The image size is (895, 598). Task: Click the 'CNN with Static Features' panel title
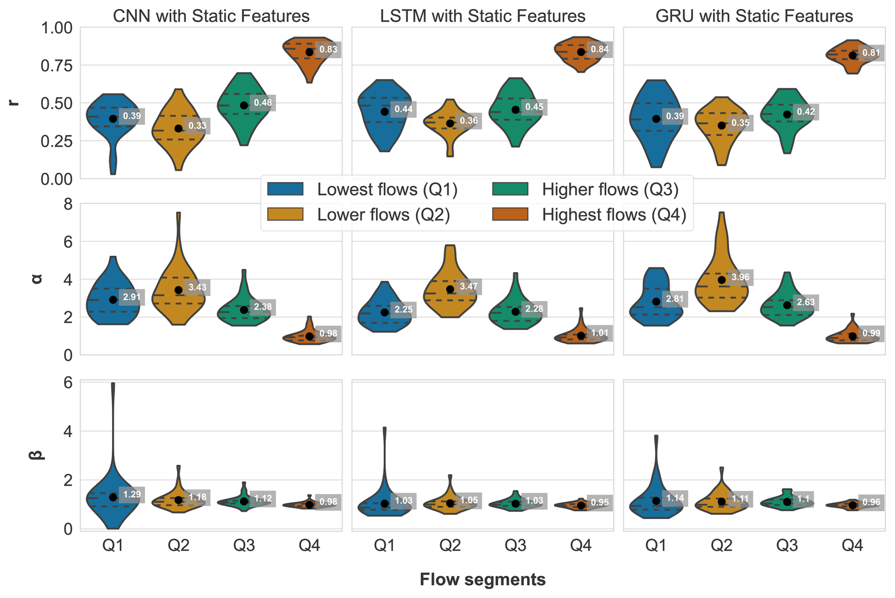[x=211, y=16]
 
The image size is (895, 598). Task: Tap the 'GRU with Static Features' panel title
[x=754, y=16]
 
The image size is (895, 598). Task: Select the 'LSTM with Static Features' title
[x=483, y=16]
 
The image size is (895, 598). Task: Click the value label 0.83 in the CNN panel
[x=328, y=50]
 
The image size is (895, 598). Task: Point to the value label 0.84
[x=600, y=49]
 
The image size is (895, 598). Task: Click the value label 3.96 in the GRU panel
[x=740, y=277]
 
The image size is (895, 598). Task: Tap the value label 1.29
[x=132, y=494]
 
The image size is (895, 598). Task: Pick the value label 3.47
[x=468, y=286]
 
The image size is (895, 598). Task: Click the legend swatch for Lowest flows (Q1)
[x=285, y=189]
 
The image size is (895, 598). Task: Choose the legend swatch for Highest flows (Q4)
[x=510, y=215]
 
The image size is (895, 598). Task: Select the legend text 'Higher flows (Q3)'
[x=610, y=190]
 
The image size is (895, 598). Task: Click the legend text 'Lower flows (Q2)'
[x=383, y=215]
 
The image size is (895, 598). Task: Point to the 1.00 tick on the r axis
[x=57, y=28]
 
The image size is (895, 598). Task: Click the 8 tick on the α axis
[x=68, y=204]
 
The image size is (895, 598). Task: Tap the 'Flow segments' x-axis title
[x=483, y=580]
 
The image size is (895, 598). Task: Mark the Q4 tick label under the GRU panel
[x=852, y=546]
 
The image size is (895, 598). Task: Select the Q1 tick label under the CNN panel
[x=113, y=546]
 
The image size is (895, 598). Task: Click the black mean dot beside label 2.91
[x=113, y=300]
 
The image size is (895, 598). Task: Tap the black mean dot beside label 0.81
[x=852, y=55]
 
